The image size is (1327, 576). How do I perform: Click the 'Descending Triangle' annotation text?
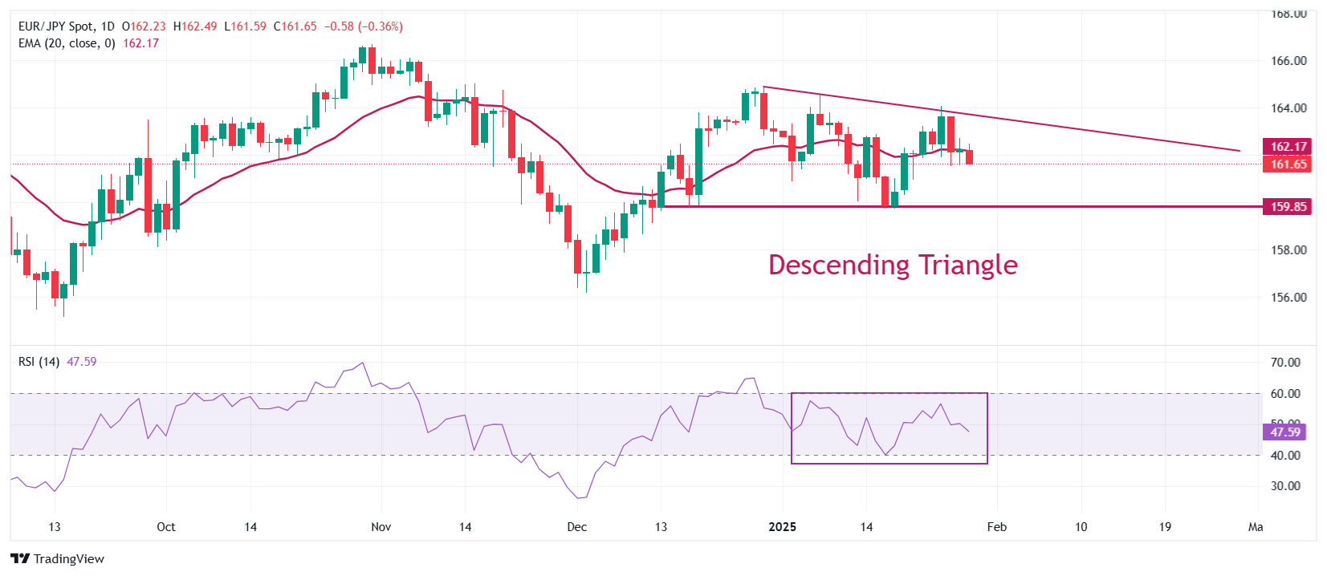pos(893,265)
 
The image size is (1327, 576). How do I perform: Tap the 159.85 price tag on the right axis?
pos(1288,207)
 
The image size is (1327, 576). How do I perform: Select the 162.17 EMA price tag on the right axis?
pos(1288,147)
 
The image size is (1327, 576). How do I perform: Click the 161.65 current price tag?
pos(1288,164)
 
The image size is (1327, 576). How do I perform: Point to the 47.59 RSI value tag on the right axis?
pos(1284,432)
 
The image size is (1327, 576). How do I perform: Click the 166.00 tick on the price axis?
pos(1288,61)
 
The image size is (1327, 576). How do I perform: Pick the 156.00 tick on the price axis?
pos(1288,298)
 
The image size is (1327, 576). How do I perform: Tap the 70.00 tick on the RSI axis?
pos(1285,363)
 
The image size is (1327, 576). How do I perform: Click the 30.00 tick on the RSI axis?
pos(1285,486)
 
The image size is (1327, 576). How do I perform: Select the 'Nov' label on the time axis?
pos(381,527)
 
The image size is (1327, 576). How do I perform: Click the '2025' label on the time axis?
pos(782,527)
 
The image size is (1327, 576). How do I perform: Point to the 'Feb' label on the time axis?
pos(996,527)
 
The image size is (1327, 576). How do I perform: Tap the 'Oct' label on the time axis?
pos(166,527)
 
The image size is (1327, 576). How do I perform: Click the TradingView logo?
pos(58,559)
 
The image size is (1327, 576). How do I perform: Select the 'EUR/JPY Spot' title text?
pos(56,26)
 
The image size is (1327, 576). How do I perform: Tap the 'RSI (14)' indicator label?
pos(39,362)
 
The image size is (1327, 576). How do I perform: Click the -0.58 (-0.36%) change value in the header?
pos(363,26)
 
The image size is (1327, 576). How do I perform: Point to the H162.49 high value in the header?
pos(195,26)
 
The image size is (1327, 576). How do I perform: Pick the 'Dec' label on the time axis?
pos(576,527)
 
